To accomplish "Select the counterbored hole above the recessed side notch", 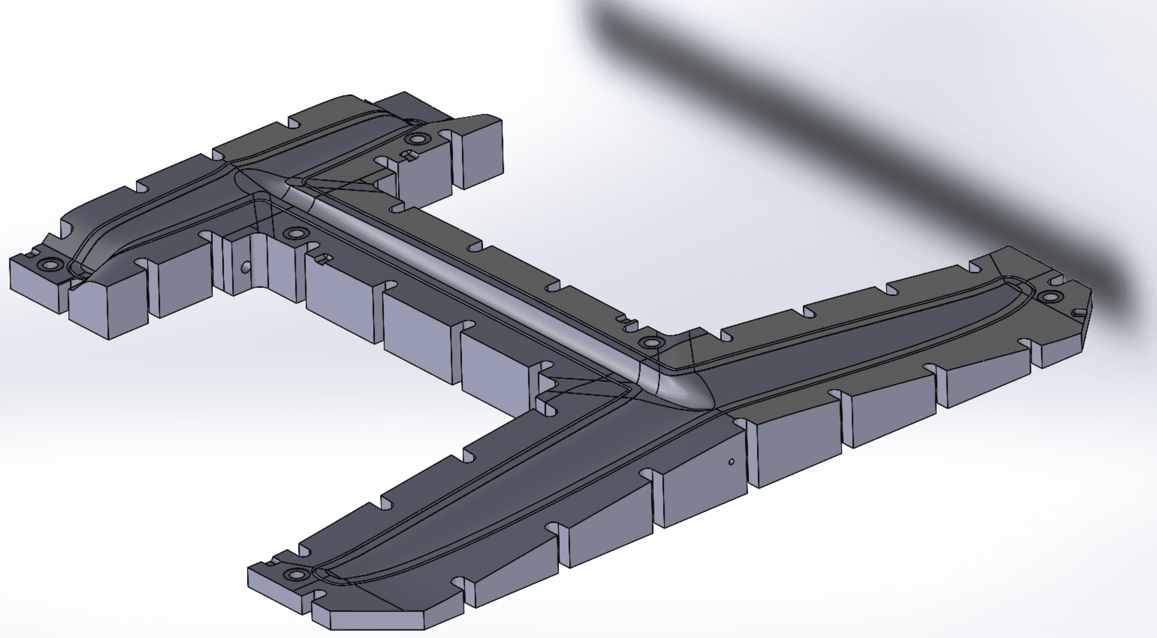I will pos(295,233).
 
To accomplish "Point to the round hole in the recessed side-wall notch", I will pos(245,268).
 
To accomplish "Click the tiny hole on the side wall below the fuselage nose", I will pos(731,462).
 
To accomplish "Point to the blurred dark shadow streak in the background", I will pos(854,135).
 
